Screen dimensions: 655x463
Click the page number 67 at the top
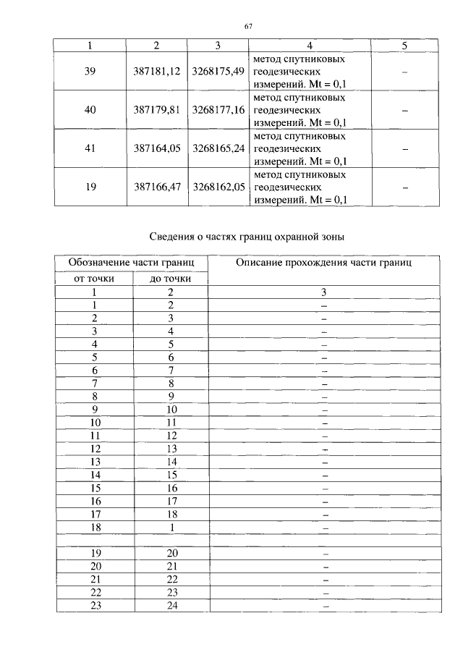[x=248, y=26]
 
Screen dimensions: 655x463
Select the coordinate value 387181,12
[x=156, y=72]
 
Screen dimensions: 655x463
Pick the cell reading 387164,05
[x=156, y=148]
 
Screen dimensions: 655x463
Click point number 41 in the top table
[x=91, y=148]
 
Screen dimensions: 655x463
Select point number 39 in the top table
[x=91, y=72]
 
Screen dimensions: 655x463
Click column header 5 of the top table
[x=404, y=46]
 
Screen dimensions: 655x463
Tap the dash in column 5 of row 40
[x=404, y=110]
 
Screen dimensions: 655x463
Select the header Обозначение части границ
[x=130, y=263]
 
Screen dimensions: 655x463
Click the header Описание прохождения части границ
[x=323, y=263]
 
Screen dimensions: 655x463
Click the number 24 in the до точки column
[x=171, y=606]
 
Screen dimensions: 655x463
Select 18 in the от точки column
[x=95, y=528]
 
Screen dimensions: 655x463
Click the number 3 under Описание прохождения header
[x=325, y=292]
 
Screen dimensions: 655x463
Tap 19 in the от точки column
[x=95, y=554]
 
